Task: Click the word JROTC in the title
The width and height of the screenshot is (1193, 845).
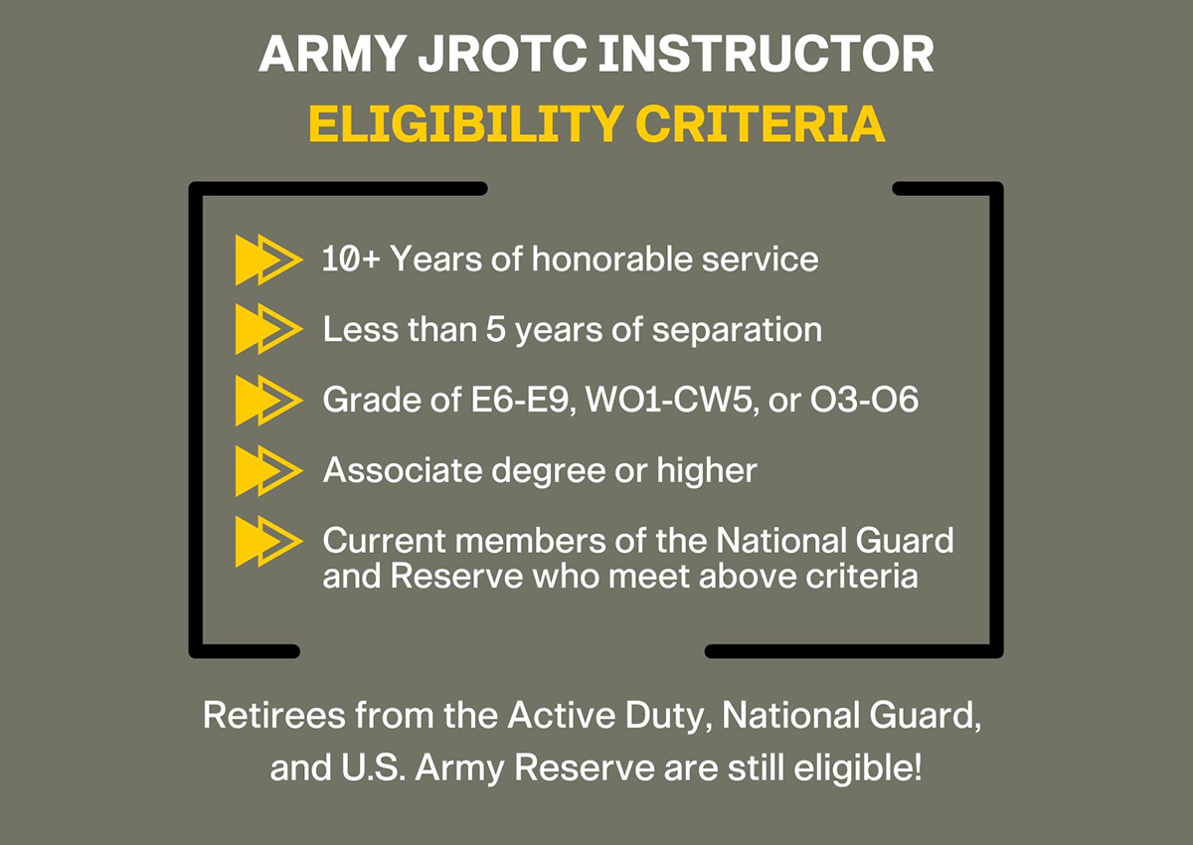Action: point(503,54)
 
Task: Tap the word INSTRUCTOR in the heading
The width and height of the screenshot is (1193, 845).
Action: point(767,54)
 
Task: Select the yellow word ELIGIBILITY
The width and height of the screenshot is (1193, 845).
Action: point(466,123)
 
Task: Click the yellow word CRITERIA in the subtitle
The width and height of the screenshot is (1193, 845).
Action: point(760,123)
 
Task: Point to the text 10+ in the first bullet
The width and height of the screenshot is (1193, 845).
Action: point(352,259)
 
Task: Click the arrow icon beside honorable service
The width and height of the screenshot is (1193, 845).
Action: point(269,259)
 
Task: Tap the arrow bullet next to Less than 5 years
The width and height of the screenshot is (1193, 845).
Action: point(269,329)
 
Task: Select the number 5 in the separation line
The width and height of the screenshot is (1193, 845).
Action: point(495,330)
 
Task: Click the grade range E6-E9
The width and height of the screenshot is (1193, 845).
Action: point(524,400)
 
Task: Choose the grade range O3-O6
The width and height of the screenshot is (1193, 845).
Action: point(864,400)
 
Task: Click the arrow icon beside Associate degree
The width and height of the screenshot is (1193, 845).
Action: point(269,470)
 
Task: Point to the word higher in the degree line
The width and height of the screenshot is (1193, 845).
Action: point(707,470)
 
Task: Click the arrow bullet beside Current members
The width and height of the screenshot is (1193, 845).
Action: point(269,541)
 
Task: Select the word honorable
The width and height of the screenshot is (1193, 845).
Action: point(612,258)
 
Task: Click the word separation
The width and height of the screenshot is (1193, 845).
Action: point(737,330)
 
